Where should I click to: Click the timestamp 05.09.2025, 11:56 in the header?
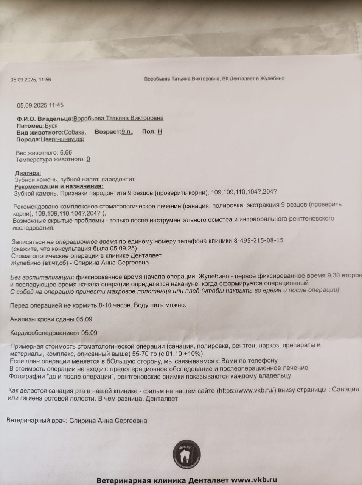[31, 80]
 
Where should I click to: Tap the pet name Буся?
[51, 125]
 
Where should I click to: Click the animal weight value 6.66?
[66, 153]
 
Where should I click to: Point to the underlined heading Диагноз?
[28, 173]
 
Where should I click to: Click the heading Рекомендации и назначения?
[59, 186]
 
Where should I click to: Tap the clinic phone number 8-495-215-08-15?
[259, 240]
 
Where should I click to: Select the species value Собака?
[74, 132]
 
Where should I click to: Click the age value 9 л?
[127, 132]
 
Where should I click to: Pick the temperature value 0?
[88, 160]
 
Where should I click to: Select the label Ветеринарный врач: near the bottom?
[37, 421]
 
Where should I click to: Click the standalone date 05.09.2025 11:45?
[40, 105]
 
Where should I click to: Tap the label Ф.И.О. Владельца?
[44, 118]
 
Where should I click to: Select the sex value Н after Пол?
[160, 132]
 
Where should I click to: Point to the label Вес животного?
[37, 153]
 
